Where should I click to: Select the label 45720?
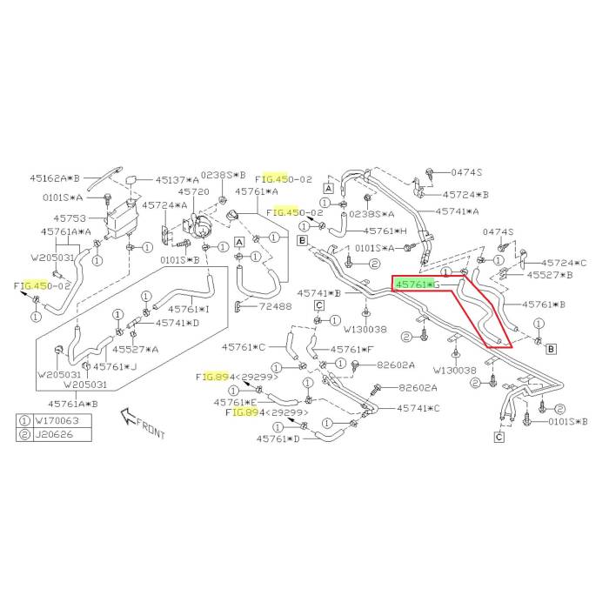click(194, 191)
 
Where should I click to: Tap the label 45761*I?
click(189, 308)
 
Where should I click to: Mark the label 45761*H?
click(385, 231)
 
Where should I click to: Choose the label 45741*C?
click(418, 408)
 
